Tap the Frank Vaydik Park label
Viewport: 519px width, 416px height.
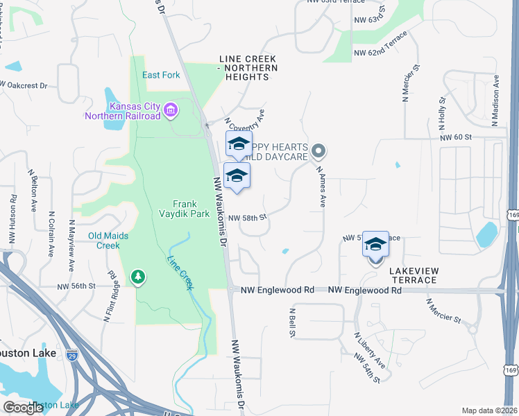194,209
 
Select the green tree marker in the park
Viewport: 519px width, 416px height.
138,277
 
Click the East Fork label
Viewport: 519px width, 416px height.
161,75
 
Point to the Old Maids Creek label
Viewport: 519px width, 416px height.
108,241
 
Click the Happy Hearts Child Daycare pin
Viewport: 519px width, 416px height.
318,150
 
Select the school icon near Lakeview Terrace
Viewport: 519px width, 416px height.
375,245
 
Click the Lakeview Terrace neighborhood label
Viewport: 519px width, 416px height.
413,275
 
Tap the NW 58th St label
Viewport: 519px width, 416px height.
248,217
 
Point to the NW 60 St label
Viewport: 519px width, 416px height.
455,137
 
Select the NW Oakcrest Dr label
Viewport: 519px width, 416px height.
24,86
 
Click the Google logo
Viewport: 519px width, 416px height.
23,408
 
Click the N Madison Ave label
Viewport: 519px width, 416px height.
495,101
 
